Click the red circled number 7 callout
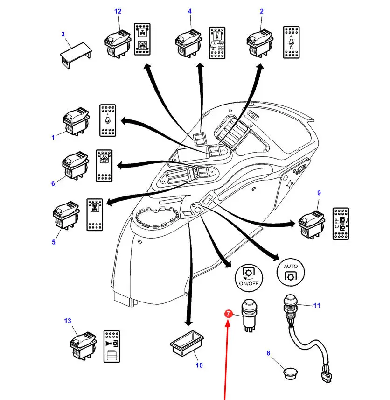(229, 314)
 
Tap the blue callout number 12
(118, 11)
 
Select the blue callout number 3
(63, 34)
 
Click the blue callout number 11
(317, 305)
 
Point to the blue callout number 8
(268, 353)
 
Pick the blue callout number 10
(199, 365)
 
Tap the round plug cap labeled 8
(290, 373)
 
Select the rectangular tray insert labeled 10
(187, 344)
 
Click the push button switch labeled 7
(249, 316)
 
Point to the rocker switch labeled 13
(84, 345)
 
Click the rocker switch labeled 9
(312, 224)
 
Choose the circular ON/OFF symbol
(249, 278)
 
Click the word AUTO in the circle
(291, 266)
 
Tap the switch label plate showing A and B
(292, 42)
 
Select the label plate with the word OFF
(341, 224)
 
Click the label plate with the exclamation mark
(217, 42)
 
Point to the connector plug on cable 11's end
(327, 377)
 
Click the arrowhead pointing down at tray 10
(188, 323)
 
